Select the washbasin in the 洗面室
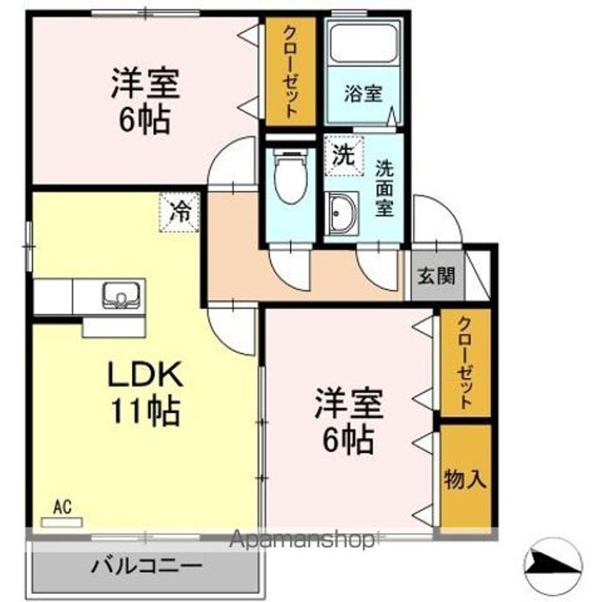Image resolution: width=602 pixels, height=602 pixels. (x=341, y=213)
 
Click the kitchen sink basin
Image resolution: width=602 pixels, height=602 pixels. (x=121, y=294)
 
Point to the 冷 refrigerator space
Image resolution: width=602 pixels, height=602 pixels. (x=180, y=212)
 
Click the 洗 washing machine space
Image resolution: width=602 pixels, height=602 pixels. (x=344, y=156)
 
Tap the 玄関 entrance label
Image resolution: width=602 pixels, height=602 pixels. (x=436, y=275)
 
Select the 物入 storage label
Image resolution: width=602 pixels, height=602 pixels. (x=466, y=479)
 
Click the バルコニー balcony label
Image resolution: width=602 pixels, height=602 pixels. (x=146, y=565)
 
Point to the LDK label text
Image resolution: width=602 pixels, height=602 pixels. (x=145, y=375)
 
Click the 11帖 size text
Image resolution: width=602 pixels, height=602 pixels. (x=145, y=411)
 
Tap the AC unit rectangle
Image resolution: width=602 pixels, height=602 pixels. (x=61, y=523)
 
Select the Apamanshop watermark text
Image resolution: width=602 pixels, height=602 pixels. (x=302, y=540)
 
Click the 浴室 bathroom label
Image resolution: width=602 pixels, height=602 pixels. (x=363, y=94)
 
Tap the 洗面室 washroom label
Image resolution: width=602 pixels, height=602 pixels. (x=385, y=188)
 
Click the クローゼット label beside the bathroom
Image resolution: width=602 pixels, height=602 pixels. (x=290, y=72)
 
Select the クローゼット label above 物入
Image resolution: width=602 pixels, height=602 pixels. (x=465, y=363)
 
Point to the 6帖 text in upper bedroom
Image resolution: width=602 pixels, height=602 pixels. (x=145, y=120)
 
